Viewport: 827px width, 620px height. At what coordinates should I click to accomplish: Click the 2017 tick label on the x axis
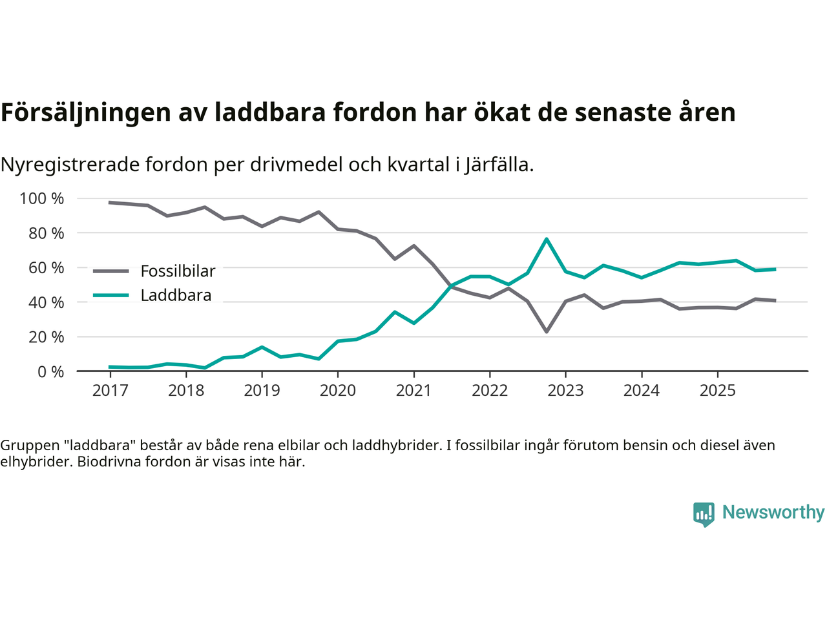(110, 390)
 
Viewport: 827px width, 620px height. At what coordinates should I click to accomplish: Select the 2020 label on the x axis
(338, 390)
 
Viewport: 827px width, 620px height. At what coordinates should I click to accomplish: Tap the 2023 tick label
(565, 390)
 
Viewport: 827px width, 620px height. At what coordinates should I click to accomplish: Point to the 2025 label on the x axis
(717, 390)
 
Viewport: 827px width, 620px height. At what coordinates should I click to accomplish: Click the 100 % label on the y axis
(42, 198)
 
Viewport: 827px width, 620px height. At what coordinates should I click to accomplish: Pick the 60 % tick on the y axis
(46, 267)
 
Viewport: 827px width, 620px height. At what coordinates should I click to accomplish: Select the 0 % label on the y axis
(50, 371)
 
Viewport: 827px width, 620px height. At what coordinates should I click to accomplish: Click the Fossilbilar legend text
(178, 271)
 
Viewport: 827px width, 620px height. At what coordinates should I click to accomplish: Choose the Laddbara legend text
(176, 296)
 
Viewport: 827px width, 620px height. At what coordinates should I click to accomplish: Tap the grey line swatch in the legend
(111, 271)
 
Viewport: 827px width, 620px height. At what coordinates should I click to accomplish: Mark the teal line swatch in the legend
(111, 296)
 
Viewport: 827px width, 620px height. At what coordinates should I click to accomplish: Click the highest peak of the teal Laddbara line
(547, 239)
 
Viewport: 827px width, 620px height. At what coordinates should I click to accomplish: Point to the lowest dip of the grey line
(547, 331)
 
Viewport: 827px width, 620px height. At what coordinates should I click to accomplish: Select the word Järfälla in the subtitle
(499, 165)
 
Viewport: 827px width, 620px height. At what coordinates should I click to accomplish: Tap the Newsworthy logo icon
(704, 514)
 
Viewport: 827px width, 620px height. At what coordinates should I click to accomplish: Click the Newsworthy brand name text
(773, 512)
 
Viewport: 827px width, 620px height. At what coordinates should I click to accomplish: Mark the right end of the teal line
(775, 269)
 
